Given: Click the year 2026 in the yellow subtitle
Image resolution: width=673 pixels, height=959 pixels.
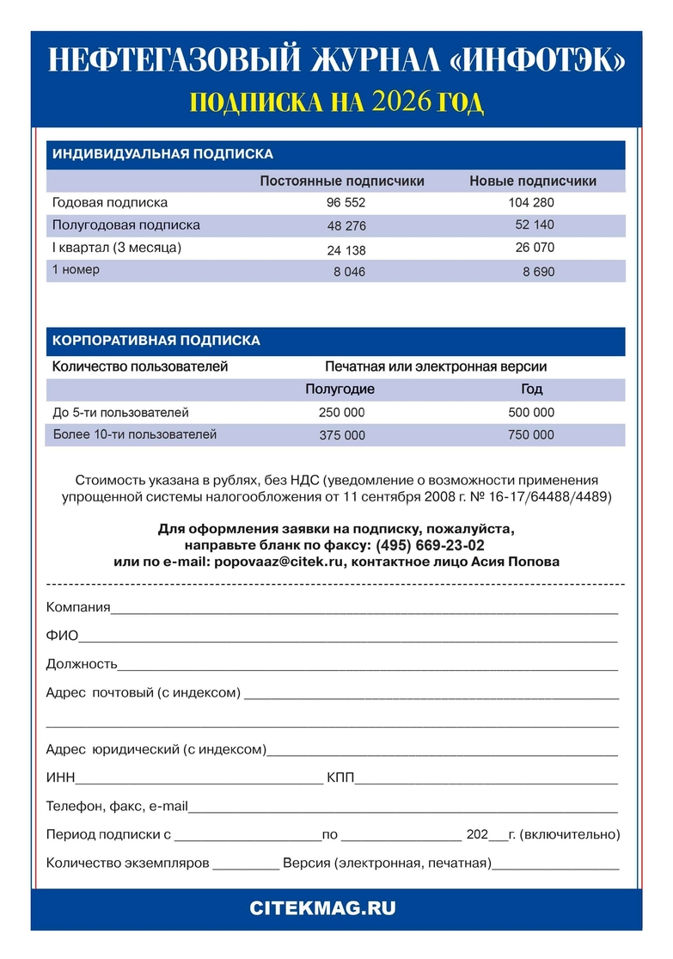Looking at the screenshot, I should [403, 102].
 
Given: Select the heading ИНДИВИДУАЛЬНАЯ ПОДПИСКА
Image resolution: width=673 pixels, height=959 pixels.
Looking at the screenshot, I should [162, 155].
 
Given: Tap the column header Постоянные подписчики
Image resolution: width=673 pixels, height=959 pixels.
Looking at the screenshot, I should [342, 181].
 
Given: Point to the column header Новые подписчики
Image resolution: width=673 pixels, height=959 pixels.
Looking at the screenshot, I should [533, 181].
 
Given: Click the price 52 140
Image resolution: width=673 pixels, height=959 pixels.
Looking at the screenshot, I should [535, 225].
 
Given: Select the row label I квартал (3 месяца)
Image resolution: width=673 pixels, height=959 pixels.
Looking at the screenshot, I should [117, 248].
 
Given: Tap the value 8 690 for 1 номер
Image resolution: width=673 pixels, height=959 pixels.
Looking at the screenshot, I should [539, 272].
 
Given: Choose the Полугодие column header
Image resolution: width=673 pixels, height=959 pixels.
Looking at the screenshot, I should [340, 390].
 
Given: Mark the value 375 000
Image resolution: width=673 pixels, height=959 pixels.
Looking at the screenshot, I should [342, 436].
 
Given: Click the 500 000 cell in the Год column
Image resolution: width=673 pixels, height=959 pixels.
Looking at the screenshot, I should [531, 413].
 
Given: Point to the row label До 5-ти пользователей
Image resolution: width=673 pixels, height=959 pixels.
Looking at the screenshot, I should [120, 413].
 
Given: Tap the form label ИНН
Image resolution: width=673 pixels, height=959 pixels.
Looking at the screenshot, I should [61, 778].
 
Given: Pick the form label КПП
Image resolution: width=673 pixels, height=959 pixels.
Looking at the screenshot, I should [340, 778].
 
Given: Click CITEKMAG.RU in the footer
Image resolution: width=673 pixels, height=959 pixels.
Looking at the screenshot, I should [335, 908].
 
